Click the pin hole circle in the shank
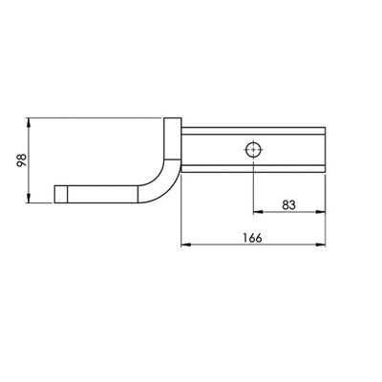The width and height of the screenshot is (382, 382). (252, 150)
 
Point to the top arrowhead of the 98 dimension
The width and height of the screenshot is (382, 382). (32, 123)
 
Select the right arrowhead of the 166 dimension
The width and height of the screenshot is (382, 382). (324, 245)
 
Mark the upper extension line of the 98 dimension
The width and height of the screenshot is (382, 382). (95, 118)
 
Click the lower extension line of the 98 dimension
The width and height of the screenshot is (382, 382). (42, 202)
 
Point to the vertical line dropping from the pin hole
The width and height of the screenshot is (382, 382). (252, 186)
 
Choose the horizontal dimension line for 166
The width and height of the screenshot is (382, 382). (220, 245)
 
